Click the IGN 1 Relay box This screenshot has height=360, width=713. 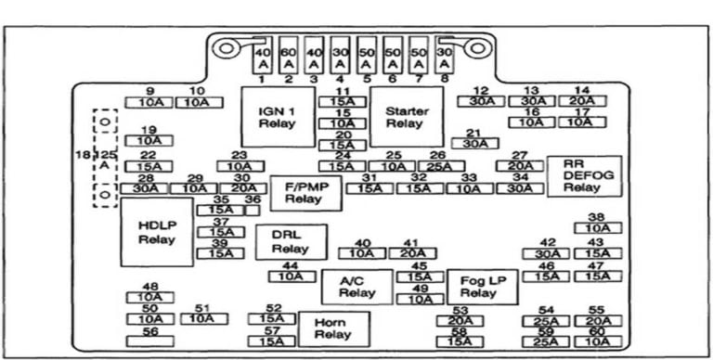coord(276,117)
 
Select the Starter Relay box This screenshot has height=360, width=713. coord(406,117)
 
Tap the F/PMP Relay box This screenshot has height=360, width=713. coord(305,192)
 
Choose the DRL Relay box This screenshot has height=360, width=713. coord(291,242)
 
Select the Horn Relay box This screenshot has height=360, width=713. coord(333,329)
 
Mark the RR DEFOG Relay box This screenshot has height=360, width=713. coord(582,175)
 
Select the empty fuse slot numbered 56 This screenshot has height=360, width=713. coord(149,343)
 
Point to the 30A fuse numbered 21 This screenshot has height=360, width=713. coord(473,144)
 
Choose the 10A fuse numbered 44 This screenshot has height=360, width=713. coord(291,276)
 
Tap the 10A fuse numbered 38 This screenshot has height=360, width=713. coord(597,228)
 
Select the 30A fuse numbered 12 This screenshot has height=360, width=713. coord(480,100)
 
